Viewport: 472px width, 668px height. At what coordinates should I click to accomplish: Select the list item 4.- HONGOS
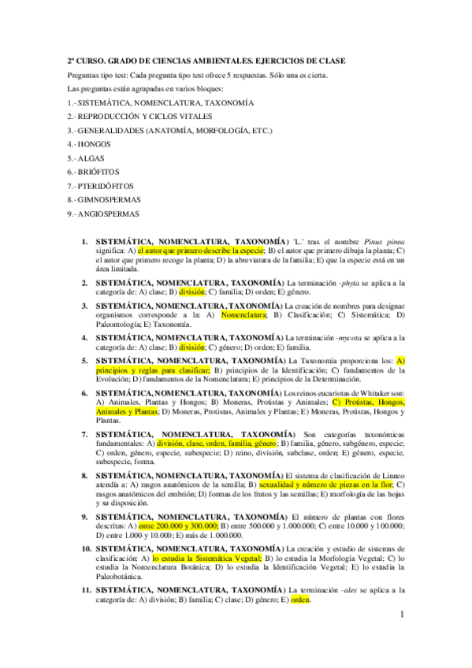click(x=89, y=145)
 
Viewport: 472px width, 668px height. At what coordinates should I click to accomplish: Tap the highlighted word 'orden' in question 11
click(x=300, y=599)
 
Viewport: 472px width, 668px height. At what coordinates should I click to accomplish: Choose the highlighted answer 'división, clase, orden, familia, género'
click(x=210, y=443)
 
